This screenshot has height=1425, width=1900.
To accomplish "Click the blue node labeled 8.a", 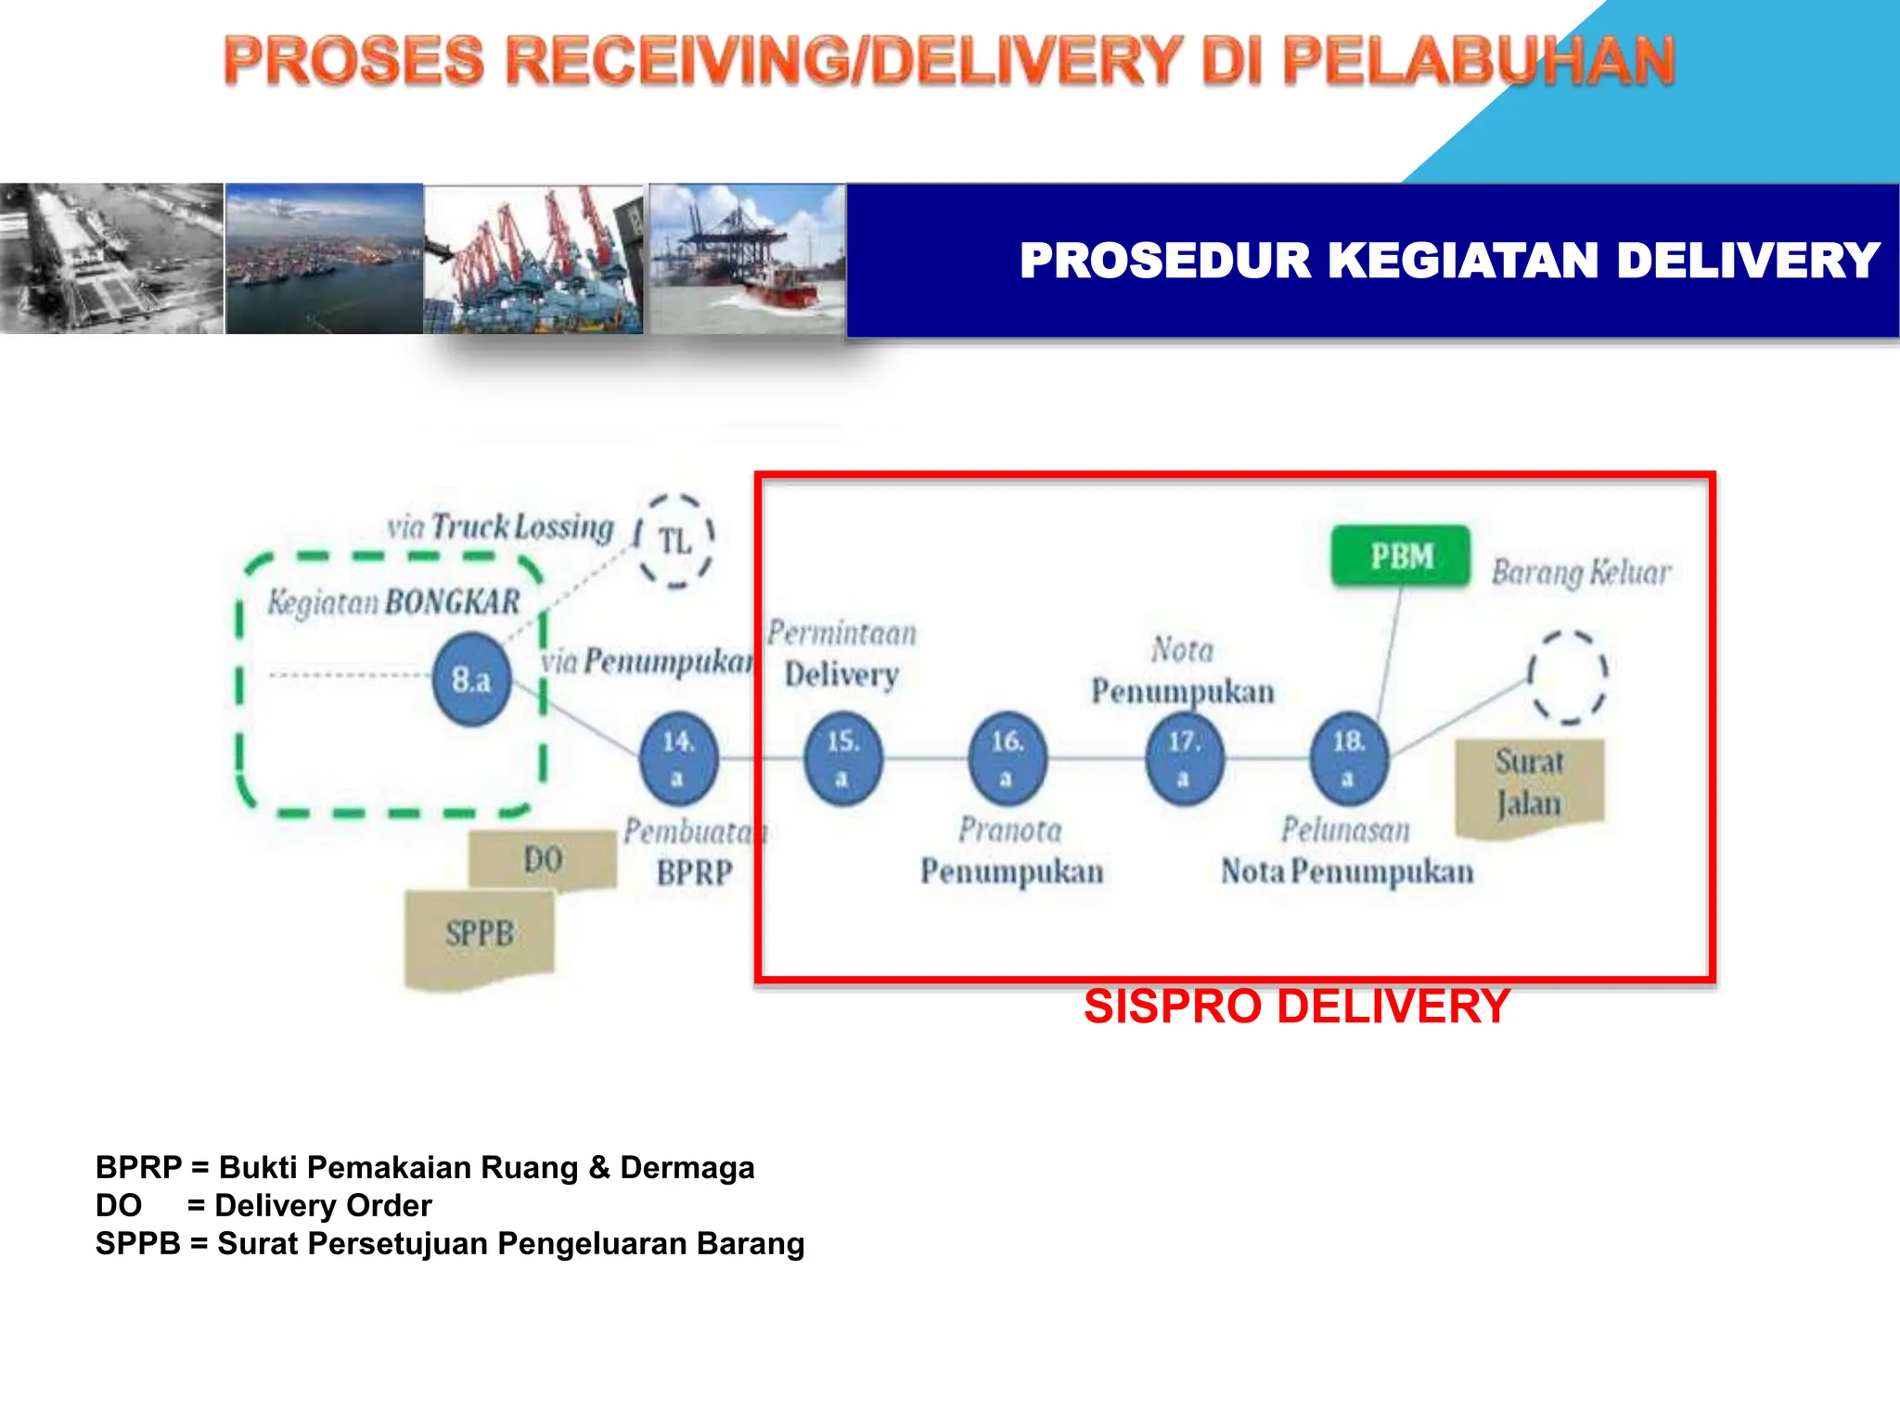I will point(471,680).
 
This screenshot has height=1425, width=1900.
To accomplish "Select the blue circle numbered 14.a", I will point(678,758).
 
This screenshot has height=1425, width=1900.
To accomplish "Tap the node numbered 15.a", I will point(842,758).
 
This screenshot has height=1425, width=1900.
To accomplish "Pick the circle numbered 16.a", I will point(1007,758).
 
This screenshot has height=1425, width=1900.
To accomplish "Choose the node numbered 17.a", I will point(1184,758).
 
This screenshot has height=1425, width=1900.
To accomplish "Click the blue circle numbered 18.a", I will point(1348,758).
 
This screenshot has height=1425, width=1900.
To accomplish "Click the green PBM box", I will point(1401,557).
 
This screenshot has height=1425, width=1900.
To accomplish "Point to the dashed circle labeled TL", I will point(674,541).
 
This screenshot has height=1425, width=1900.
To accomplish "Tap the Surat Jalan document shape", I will point(1529,785).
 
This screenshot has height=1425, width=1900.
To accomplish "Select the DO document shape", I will point(543,859).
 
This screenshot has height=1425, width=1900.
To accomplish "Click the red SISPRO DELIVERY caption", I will point(1296,1007).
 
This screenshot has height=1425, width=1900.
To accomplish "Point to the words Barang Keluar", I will point(1580,572).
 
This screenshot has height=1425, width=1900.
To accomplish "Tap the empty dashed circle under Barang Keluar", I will point(1568,676).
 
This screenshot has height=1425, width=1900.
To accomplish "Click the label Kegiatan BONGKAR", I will point(393,602).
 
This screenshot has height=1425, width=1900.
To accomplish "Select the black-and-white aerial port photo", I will point(111,259).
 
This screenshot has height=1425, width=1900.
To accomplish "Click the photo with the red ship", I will point(747,259).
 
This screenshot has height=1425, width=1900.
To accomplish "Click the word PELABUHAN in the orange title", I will point(1479,61).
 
